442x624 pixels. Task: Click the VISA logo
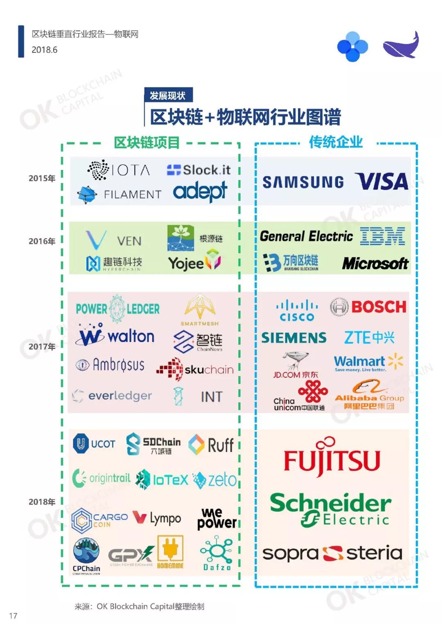(382, 181)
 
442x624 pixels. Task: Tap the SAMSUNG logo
(303, 182)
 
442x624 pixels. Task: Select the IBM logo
(382, 237)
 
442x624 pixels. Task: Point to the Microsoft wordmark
(375, 264)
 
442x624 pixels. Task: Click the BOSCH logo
(368, 307)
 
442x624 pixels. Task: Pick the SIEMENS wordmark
(294, 338)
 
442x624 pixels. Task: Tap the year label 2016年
(42, 241)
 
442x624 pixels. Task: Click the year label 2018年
(42, 502)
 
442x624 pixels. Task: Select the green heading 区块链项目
(147, 143)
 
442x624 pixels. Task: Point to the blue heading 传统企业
(336, 142)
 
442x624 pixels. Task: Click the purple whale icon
(401, 45)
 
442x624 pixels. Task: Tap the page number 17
(13, 615)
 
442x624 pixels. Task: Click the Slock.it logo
(198, 170)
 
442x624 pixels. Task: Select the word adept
(200, 191)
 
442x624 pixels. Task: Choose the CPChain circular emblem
(86, 550)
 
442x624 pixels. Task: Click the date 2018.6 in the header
(44, 50)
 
